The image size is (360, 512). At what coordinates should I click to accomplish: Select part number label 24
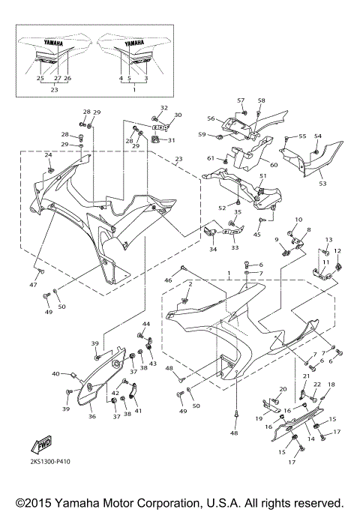(x=48, y=155)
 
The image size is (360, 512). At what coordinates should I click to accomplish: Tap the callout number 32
(x=164, y=109)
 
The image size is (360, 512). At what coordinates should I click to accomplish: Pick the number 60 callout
(x=274, y=165)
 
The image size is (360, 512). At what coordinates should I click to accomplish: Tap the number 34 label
(x=213, y=250)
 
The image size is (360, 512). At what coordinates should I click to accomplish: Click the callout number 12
(x=337, y=251)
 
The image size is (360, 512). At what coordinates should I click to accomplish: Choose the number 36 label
(x=91, y=417)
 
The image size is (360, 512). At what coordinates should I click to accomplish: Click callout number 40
(x=55, y=373)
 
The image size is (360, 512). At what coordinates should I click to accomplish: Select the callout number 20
(x=283, y=389)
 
